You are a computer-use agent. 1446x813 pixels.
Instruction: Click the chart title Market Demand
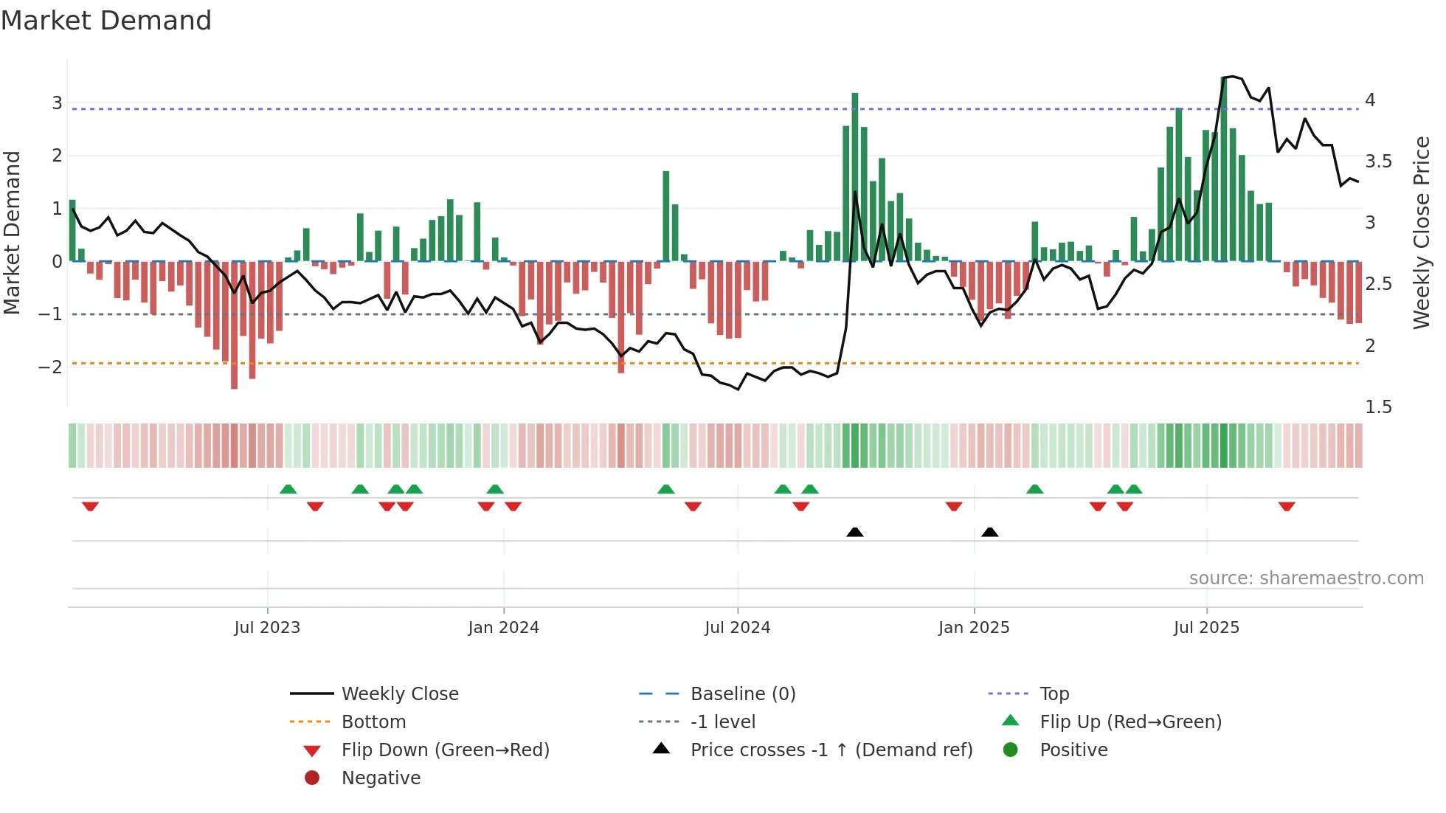point(106,21)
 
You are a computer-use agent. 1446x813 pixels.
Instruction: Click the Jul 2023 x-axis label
point(267,628)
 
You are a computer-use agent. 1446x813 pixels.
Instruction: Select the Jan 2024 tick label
point(503,628)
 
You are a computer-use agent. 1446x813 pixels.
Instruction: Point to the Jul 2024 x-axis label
point(737,628)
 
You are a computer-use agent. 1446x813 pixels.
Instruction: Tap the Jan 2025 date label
point(974,628)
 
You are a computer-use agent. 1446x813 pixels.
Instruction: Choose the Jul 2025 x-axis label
point(1206,628)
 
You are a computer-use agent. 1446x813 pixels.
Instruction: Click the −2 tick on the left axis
point(50,367)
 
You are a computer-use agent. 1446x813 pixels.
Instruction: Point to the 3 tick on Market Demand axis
point(57,103)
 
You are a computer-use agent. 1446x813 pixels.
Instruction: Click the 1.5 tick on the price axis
point(1378,407)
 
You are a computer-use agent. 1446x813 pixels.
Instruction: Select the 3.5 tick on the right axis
point(1378,162)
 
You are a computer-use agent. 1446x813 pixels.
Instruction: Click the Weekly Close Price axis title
point(1421,232)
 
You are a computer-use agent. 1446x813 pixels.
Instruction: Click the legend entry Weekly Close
point(400,694)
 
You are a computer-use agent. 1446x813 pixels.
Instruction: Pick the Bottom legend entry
point(373,722)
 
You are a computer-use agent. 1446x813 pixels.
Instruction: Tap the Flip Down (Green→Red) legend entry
point(445,750)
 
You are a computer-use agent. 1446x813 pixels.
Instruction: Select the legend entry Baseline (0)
point(743,694)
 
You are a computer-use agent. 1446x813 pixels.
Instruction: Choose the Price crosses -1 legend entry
point(831,750)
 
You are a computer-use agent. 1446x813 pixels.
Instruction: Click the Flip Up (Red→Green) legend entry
point(1130,722)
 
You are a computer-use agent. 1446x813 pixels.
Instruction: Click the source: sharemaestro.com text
point(1306,578)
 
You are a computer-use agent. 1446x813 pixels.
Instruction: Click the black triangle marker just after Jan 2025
point(990,533)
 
